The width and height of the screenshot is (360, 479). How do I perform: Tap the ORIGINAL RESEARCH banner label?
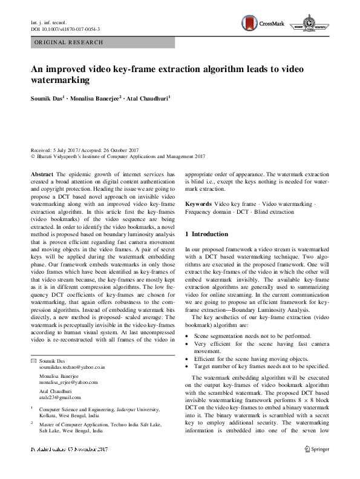[x=68, y=42]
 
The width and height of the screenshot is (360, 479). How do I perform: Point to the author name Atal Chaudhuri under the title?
[x=148, y=97]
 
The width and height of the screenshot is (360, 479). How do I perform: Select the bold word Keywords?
[x=198, y=205]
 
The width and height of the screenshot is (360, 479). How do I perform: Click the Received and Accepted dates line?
[x=85, y=150]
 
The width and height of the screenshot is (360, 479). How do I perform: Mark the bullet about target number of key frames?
[x=261, y=366]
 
